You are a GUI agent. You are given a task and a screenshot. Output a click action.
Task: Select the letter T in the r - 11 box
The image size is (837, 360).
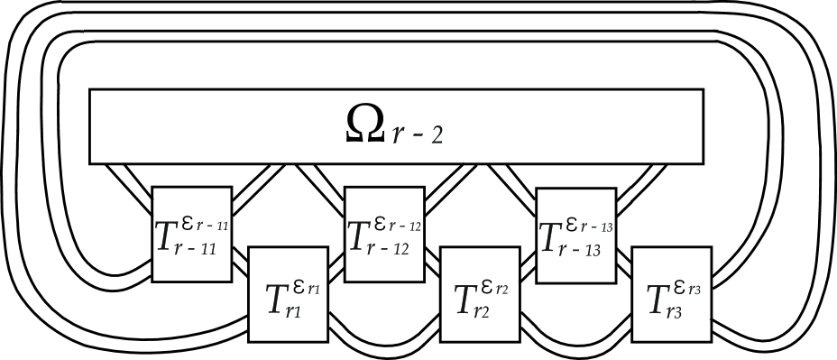coord(168,235)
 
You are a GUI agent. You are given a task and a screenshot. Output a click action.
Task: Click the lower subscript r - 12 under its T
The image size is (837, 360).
coord(390,254)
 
